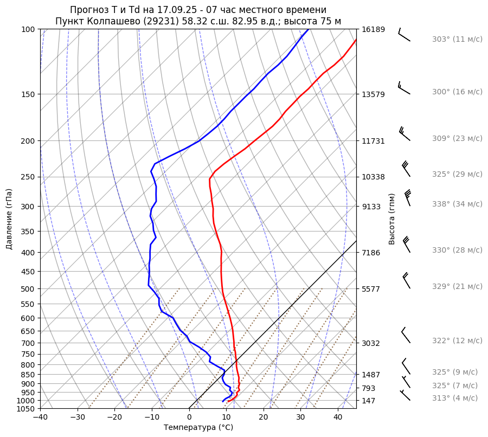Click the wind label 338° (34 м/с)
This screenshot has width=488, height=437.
pos(457,204)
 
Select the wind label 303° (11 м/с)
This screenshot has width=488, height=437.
pos(457,39)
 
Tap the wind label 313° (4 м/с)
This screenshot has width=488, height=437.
pos(455,398)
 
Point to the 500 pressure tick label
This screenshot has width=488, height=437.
pos(28,288)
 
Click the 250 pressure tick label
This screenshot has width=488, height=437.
pos(28,177)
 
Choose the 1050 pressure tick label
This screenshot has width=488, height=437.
pos(26,409)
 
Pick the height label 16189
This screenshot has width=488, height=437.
pos(373,29)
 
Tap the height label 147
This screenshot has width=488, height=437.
pos(369,401)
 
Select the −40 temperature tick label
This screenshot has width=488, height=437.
pos(40,417)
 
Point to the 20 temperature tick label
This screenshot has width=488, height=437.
pos(264,417)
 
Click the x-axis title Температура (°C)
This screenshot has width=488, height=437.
pos(198,427)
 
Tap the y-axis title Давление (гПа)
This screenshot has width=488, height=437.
pos(9,219)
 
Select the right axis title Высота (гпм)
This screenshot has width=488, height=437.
pos(391,219)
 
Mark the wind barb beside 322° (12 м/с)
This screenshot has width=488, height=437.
pos(405,336)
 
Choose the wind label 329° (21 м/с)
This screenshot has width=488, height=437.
pos(457,286)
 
